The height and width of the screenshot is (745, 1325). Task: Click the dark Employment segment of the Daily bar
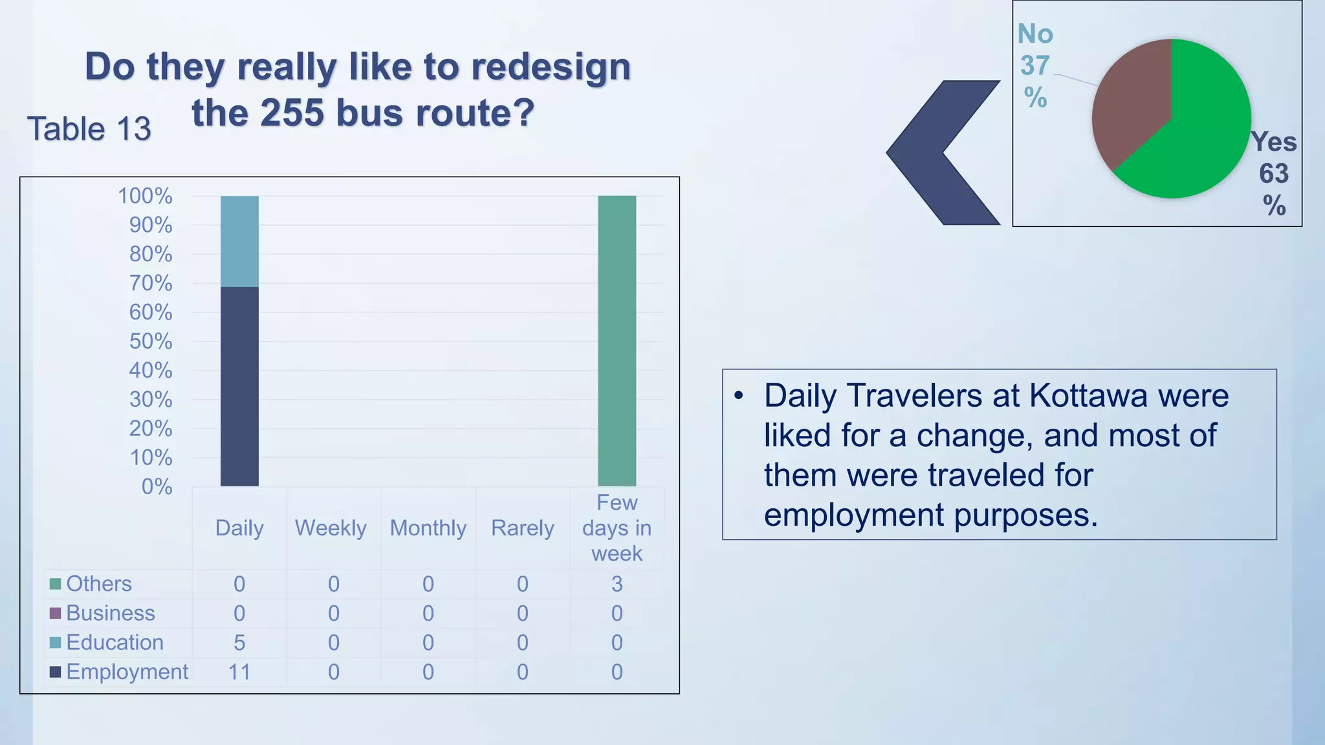point(239,387)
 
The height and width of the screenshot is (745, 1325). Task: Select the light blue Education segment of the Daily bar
point(239,241)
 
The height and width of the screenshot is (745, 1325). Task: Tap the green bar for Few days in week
point(617,341)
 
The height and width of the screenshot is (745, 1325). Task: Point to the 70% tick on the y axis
point(151,283)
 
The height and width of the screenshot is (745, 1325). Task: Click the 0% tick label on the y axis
point(157,486)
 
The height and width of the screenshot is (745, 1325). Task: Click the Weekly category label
point(331,528)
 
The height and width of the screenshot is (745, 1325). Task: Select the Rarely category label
point(522,528)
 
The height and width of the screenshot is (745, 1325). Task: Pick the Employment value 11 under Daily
point(239,672)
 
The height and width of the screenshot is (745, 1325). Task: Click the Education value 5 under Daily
point(239,643)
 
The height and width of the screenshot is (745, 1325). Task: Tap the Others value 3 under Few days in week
point(617,584)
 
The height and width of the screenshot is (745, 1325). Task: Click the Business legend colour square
point(56,613)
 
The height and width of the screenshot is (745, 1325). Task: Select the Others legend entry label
point(99,584)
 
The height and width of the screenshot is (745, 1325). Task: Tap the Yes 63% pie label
point(1273,173)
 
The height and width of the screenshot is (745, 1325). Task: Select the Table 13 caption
point(89,129)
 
